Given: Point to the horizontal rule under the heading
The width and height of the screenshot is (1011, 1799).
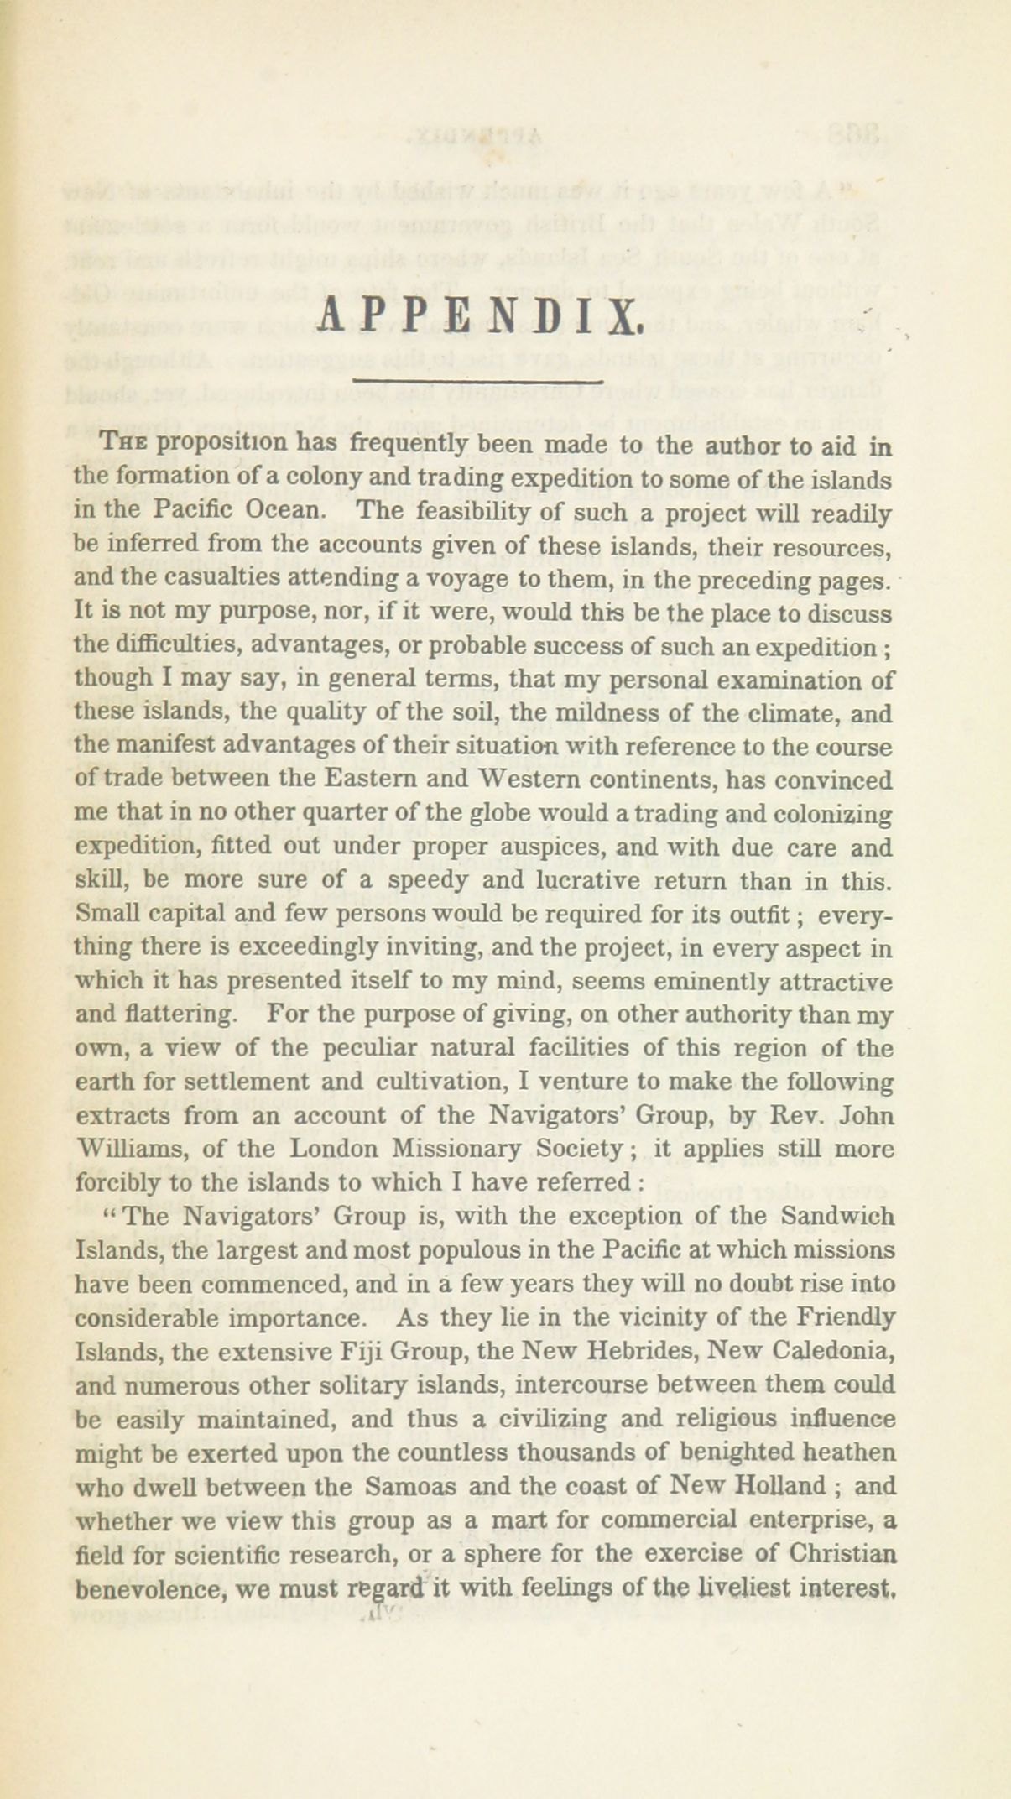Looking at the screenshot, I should coord(478,383).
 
